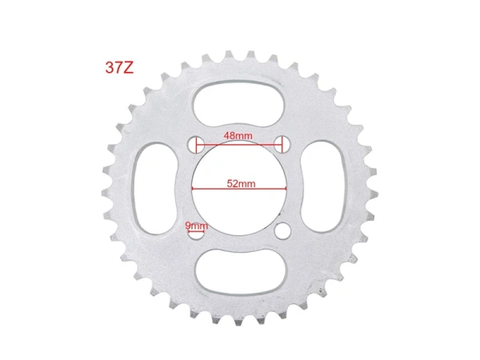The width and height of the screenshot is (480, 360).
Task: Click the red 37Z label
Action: coord(118,66)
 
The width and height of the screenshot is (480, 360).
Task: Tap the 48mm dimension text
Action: coord(238,135)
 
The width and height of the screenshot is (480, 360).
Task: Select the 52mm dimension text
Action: coord(240,183)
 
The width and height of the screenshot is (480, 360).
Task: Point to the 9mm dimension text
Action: coord(196,226)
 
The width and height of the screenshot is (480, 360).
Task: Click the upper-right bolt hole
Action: coord(282,144)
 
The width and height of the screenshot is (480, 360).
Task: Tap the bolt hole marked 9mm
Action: coord(196,234)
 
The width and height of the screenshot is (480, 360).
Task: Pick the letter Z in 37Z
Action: coord(129,66)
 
